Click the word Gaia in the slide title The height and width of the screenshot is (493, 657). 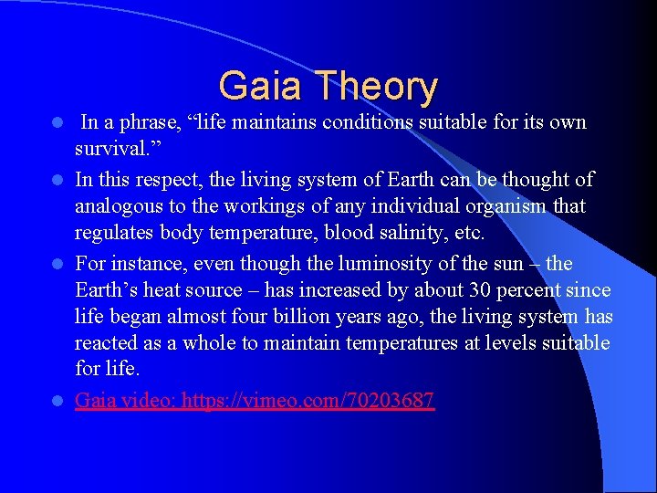click(x=260, y=87)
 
